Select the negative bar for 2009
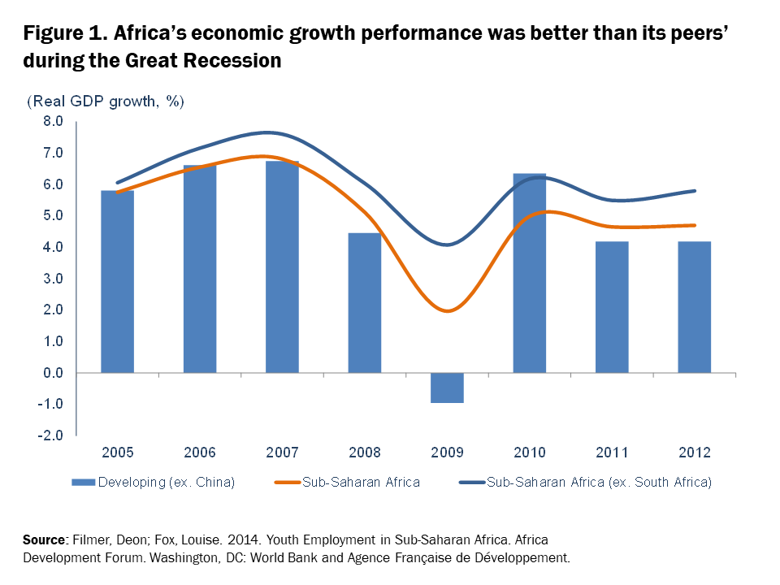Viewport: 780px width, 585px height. (x=447, y=388)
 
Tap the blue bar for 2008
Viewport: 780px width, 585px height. (x=364, y=302)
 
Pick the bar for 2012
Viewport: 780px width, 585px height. (x=694, y=307)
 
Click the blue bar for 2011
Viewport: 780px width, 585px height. (x=612, y=307)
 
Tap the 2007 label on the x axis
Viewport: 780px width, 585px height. (x=282, y=453)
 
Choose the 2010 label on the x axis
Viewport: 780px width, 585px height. (x=529, y=453)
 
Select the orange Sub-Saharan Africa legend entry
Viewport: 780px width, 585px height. (x=361, y=483)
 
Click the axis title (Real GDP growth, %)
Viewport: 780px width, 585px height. (x=106, y=102)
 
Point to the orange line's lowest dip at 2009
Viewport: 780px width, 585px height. (x=447, y=310)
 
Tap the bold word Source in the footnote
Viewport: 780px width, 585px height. (x=43, y=540)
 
